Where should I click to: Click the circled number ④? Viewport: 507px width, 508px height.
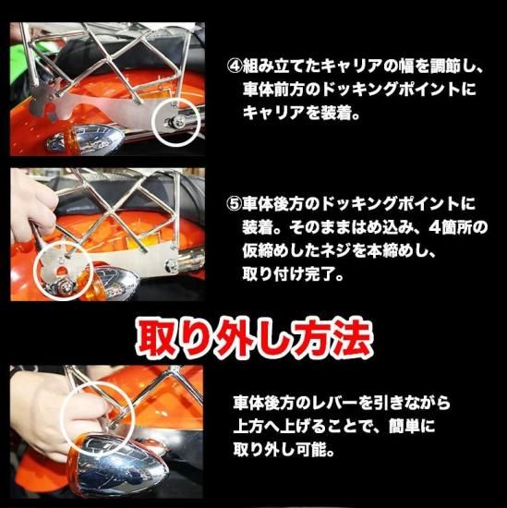[x=235, y=67]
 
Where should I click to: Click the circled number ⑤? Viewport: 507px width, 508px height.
[x=234, y=203]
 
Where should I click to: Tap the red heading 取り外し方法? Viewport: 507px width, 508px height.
[x=254, y=339]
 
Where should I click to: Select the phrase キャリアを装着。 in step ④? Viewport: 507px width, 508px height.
[x=302, y=114]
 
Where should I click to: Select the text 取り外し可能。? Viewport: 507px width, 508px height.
[x=284, y=451]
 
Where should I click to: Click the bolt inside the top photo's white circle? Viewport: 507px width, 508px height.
[x=176, y=123]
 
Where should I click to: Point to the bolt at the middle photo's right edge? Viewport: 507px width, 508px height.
[x=170, y=265]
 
